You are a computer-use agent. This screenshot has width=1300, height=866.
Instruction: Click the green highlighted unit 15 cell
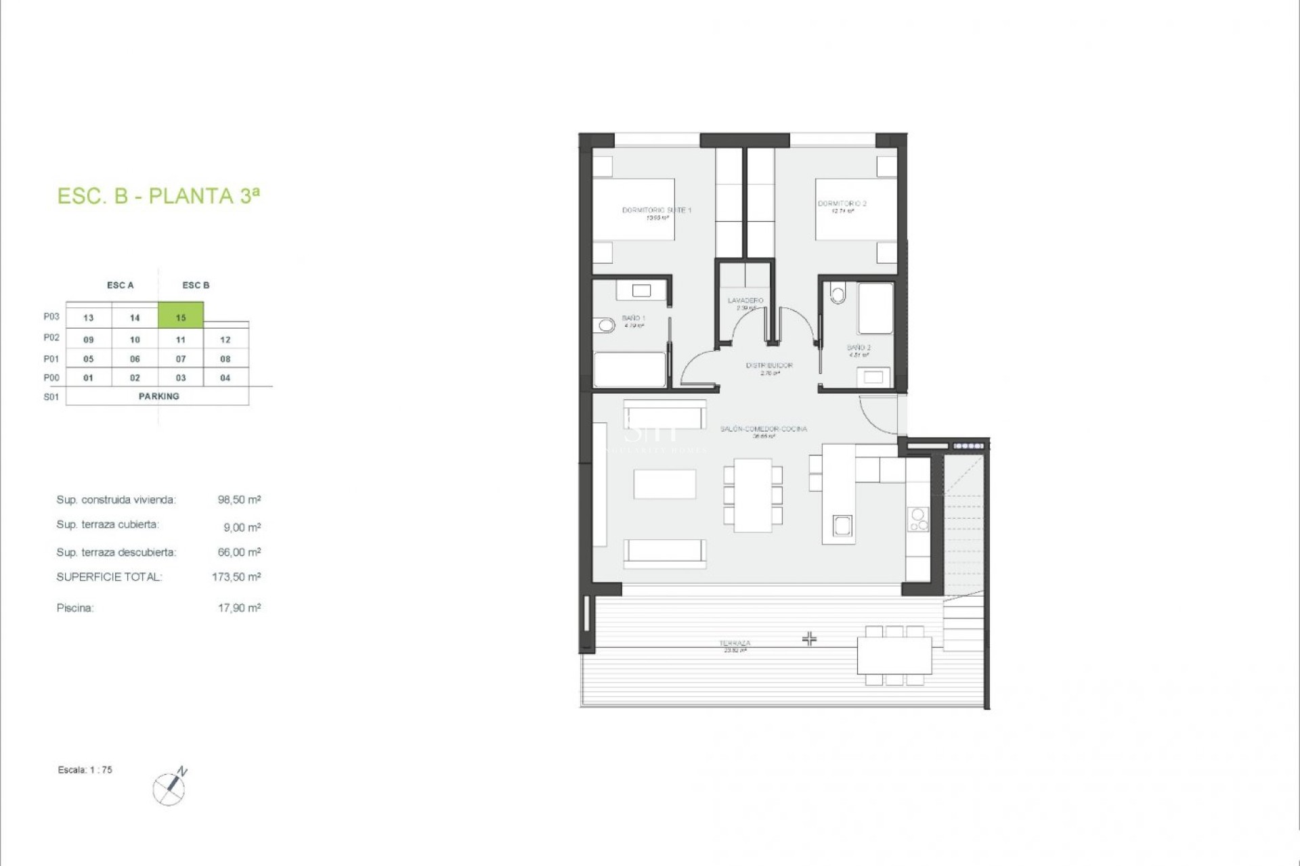tap(181, 316)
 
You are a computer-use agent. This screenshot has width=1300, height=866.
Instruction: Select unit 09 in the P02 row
tap(89, 340)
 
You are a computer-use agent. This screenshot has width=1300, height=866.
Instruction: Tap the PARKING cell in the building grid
tap(158, 396)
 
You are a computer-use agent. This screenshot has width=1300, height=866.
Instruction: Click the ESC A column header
tap(121, 286)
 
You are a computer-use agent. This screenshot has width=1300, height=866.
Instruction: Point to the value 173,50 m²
tap(236, 577)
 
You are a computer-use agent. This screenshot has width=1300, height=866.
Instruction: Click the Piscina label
tap(75, 608)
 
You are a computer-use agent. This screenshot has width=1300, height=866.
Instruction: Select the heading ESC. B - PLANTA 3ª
tap(158, 196)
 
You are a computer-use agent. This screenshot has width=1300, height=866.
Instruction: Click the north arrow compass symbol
tap(170, 788)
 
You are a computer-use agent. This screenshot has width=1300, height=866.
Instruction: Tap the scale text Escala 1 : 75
tap(85, 770)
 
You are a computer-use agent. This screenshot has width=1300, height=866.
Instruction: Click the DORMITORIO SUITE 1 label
tap(656, 210)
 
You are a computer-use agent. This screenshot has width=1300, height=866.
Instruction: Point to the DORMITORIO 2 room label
tap(842, 204)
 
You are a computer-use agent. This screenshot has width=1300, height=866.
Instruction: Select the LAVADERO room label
tap(745, 300)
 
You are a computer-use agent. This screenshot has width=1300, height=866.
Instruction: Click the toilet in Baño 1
tap(606, 326)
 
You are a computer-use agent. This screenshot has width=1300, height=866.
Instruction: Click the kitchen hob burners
tap(918, 520)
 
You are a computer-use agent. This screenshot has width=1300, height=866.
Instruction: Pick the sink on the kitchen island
tap(842, 526)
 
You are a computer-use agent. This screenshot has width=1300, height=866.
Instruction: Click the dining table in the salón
tap(753, 495)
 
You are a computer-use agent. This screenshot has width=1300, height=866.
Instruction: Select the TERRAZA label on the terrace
tap(735, 643)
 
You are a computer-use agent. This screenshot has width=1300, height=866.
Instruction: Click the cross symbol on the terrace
tap(809, 639)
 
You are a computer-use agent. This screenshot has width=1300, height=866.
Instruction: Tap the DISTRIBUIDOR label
tap(769, 365)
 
